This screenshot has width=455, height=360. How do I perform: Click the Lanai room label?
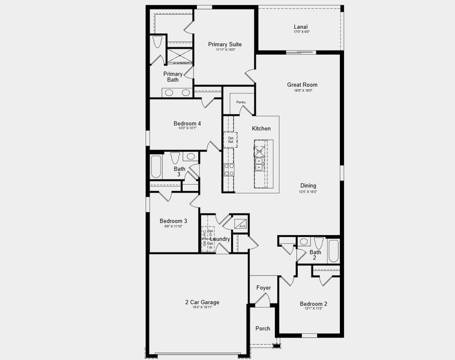pos(301,26)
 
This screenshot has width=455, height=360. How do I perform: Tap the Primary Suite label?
pos(225,44)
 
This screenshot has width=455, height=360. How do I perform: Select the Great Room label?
pos(302,85)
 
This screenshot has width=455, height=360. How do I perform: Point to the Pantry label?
pos(240,103)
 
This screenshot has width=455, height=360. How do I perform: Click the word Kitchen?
pos(261,128)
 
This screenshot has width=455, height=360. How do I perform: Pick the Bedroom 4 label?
pos(187,124)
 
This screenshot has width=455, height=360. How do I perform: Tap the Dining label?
pos(309,185)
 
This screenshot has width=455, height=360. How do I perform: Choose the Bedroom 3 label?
pos(176,221)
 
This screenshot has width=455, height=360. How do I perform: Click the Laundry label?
pos(220,239)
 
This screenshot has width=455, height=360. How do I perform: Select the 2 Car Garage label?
pos(202,302)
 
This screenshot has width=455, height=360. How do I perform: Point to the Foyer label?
pos(264,288)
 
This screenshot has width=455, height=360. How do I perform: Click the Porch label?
pos(263,328)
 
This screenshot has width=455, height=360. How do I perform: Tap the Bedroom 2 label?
pos(313,304)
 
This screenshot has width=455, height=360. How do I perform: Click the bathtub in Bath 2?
pos(333,250)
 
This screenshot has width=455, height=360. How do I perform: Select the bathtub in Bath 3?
pos(156,167)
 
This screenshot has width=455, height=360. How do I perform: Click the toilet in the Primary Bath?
pos(157,42)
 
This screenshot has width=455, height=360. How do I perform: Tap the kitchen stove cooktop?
pos(229,169)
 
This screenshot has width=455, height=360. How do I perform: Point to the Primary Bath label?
pos(173,77)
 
